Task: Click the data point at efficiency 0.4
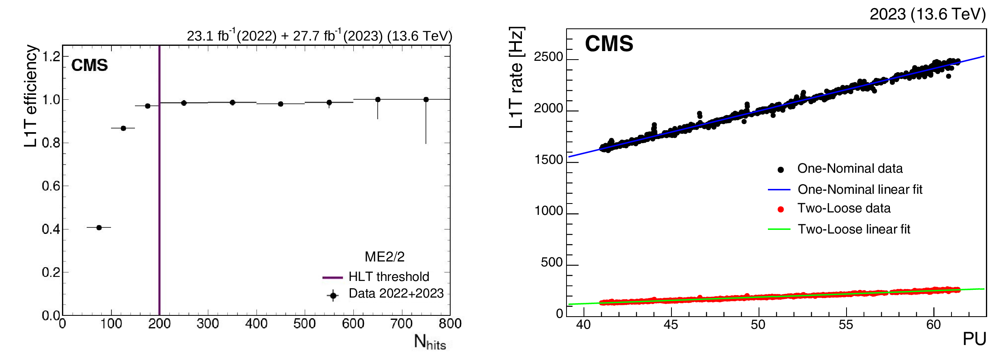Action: (x=99, y=227)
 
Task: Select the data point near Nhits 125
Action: (x=123, y=128)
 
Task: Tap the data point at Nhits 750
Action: (x=426, y=99)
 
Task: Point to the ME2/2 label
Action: (x=384, y=257)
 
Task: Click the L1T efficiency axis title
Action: (x=31, y=96)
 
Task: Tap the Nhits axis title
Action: (x=430, y=342)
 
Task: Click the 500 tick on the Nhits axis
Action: (x=305, y=324)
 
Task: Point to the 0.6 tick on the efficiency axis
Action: (x=51, y=186)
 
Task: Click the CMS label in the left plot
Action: (x=90, y=65)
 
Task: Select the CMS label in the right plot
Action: (x=609, y=44)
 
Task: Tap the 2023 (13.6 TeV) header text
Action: (x=928, y=15)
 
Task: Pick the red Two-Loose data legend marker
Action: (x=780, y=209)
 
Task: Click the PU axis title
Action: (x=974, y=339)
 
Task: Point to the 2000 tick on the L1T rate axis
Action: (x=548, y=109)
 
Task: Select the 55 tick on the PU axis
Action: (x=846, y=325)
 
